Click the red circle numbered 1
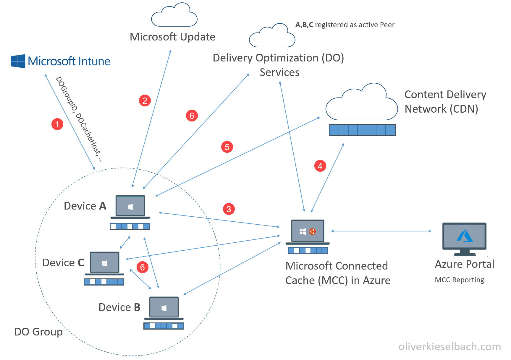pos(57,124)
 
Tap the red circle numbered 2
pos(145,100)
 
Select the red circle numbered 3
pos(229,209)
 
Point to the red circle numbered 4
pos(320,166)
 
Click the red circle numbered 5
pos(227,147)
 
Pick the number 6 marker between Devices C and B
pos(142,267)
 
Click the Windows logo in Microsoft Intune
pos(18,61)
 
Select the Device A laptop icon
pos(130,207)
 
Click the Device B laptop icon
pos(164,308)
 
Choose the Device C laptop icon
pos(104,263)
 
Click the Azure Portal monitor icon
pos(464,238)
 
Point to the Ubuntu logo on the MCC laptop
pos(312,231)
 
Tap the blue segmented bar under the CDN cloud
pos(362,130)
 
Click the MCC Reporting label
pos(459,280)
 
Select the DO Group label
pos(38,332)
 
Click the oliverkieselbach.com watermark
pos(449,346)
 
